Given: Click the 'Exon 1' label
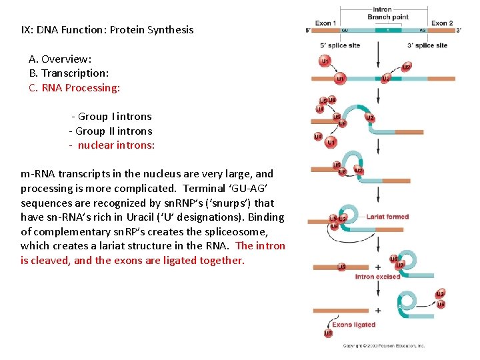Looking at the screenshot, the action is coord(325,23).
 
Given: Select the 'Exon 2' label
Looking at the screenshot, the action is coord(442,23).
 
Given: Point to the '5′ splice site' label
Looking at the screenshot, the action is coord(341,45).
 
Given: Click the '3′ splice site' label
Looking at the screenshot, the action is coord(427,45).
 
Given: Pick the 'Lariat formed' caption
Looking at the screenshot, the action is coord(387,217).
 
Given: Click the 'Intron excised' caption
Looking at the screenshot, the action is coord(378,277).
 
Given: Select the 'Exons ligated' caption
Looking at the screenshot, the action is coord(354,325).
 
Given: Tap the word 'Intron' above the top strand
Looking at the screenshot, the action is coord(382,10).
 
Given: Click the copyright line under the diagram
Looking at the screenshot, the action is coord(383,346).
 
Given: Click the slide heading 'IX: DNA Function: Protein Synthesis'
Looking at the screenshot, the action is coord(107,29).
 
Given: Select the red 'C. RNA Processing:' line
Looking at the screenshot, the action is coord(75,87).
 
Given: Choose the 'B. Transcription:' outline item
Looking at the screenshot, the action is coord(69,73).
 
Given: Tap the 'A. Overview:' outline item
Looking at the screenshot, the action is coord(60,59).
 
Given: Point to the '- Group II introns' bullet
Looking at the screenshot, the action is coord(111,131).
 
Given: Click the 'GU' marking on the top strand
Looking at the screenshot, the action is coord(344,31).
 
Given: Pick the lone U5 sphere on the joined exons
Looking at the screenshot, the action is coord(327,333).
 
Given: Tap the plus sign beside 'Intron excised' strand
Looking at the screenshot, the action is coord(377,267).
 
